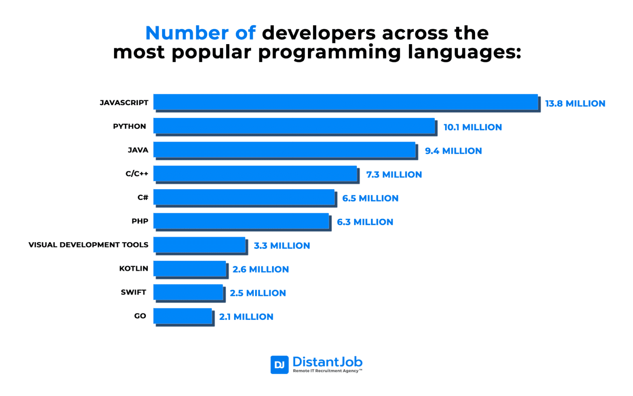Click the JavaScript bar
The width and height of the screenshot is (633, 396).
point(346,102)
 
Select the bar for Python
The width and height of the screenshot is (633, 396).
point(294,126)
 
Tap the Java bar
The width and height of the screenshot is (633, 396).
point(284,150)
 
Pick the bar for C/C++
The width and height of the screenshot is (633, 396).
point(255,173)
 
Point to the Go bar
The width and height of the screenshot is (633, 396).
point(183,316)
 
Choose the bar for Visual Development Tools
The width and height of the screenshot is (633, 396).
point(199,245)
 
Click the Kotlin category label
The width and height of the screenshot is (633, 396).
point(134,269)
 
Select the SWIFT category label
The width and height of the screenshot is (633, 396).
point(134,292)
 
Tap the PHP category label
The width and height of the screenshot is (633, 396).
point(140,221)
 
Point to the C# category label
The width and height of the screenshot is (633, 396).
point(143,198)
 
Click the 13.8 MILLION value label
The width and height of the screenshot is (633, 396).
point(575,103)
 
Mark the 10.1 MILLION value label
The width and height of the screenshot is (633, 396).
point(472,127)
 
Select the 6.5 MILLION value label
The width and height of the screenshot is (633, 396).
point(370,198)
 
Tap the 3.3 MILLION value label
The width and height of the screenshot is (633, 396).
point(282,246)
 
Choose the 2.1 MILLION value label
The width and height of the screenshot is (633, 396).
point(246,317)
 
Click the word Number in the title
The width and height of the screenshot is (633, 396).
point(187,33)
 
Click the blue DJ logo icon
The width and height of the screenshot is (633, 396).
point(279,365)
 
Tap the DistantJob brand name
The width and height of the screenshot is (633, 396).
point(327,362)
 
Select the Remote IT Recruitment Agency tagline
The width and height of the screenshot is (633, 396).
point(327,371)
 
